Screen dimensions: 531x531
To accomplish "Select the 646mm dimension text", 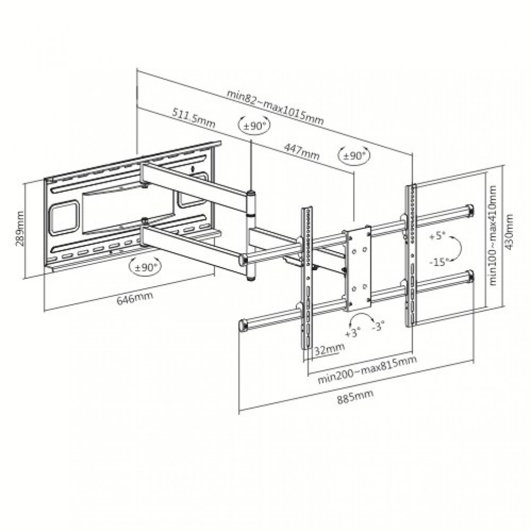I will coord(135,298).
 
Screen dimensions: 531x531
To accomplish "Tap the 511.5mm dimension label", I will coord(193,118).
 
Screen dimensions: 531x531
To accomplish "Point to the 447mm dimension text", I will coord(301,152).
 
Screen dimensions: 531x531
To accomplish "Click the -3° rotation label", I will coord(378,326).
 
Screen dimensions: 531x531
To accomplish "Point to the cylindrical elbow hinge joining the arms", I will coord(251,205).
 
